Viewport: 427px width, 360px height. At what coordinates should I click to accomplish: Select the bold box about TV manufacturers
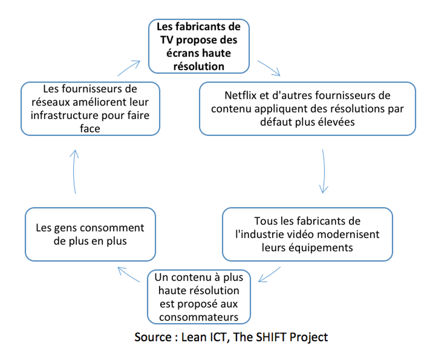pos(199,46)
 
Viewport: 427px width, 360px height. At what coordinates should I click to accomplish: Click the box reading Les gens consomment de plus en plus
pos(90,234)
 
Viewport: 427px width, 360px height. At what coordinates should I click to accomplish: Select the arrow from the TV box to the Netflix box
pos(269,68)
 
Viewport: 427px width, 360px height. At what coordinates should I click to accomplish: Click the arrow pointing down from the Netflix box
pos(323,171)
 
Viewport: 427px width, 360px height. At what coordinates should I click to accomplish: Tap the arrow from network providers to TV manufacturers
pos(129,68)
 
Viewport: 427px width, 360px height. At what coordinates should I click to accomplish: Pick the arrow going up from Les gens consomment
pos(74,171)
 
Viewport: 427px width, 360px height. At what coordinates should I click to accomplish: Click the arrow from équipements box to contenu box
pos(270,274)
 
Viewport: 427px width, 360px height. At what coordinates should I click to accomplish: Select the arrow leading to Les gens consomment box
pos(129,274)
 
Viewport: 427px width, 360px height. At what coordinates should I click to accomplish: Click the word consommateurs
pos(199,317)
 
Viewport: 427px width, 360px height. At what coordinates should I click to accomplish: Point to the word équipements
pos(321,248)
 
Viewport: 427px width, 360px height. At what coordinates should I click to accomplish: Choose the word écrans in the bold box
pos(180,53)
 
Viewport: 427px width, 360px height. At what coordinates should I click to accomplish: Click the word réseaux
pos(49,102)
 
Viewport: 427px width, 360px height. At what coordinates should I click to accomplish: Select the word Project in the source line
pos(309,338)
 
